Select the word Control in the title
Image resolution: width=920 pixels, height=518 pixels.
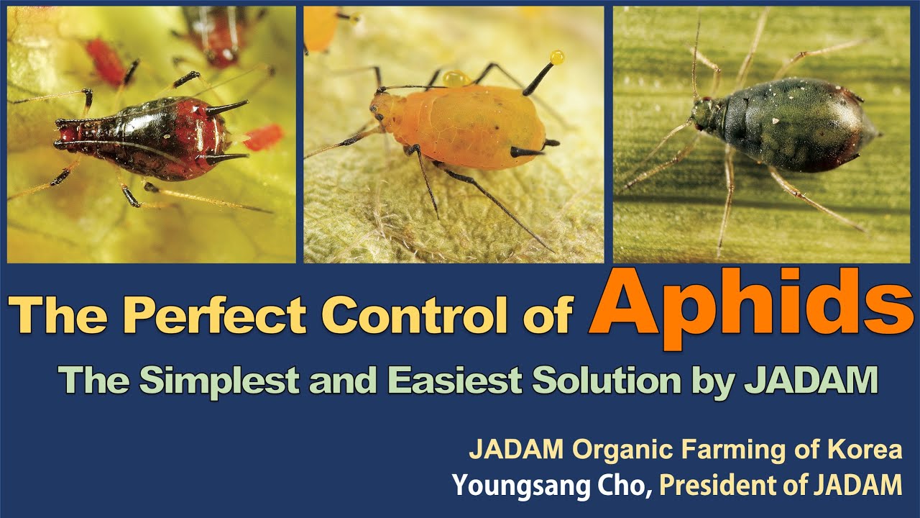tap(438, 314)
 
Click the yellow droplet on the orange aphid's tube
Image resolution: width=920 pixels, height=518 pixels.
tap(557, 57)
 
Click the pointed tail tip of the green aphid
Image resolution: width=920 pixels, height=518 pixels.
tap(879, 135)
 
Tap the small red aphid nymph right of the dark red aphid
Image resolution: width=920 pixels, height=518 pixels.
tap(264, 137)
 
